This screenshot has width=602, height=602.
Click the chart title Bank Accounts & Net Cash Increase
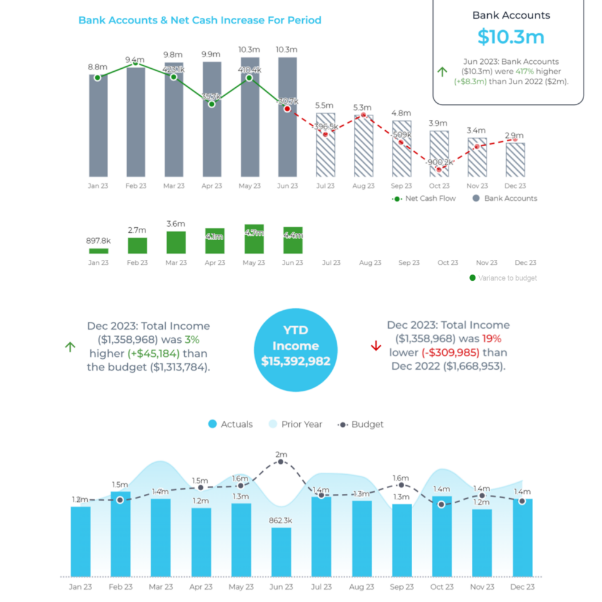tap(200, 20)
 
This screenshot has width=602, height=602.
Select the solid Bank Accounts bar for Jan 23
tap(98, 126)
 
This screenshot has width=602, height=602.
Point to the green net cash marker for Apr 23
tap(211, 104)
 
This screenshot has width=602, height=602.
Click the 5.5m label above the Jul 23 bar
tap(324, 106)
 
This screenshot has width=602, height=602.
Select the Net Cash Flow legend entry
tap(424, 198)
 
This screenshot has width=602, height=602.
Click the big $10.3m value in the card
tap(510, 37)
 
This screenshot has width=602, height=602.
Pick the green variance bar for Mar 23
tap(176, 243)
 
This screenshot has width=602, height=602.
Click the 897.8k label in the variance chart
tap(98, 241)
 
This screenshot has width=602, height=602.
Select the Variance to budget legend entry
tap(503, 278)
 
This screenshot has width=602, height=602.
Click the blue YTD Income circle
tap(295, 350)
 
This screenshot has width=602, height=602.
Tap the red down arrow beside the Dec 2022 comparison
tap(376, 346)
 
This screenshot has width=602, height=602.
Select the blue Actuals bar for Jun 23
tap(281, 552)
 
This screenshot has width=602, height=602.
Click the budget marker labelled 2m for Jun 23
tap(281, 461)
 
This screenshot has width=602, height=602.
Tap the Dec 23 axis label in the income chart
tap(522, 587)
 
